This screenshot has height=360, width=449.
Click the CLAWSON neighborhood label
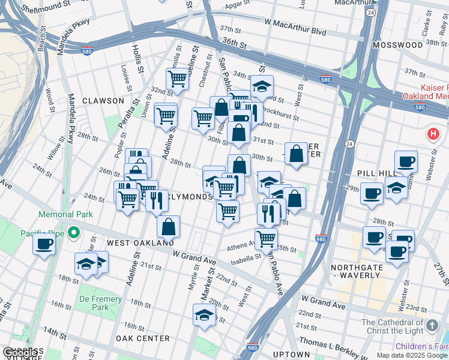103,101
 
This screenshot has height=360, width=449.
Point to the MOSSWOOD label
397,45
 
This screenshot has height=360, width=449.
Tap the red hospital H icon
432,133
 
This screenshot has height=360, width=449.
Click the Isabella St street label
245,256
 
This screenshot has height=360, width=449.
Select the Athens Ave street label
243,247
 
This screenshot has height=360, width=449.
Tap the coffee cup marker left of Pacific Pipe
44,244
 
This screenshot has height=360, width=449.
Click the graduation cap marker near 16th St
204,314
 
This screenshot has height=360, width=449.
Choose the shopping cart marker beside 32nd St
178,79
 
